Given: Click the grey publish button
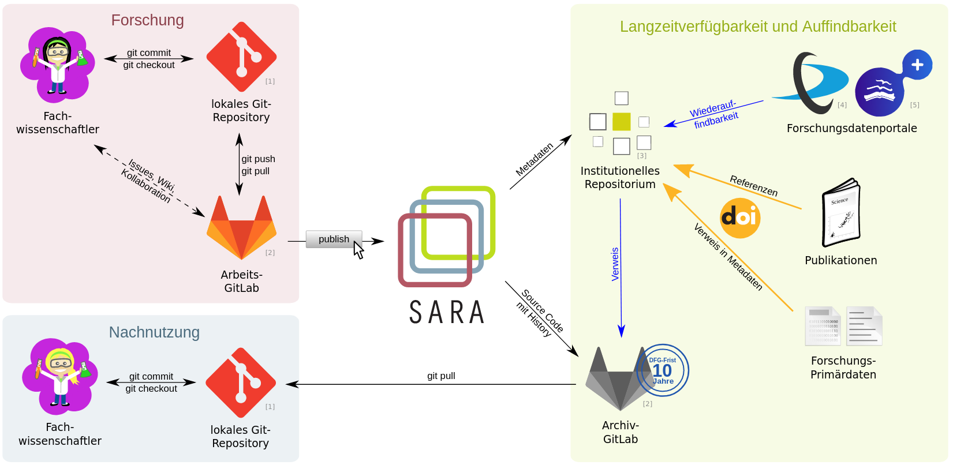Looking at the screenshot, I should (x=334, y=239).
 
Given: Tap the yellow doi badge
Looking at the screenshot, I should (x=740, y=217).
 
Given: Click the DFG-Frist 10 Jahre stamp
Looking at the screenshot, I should (x=663, y=370).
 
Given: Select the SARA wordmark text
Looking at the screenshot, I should (x=447, y=313).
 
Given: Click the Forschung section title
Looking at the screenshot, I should (x=147, y=20).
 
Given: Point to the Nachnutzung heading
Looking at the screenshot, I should (x=154, y=332).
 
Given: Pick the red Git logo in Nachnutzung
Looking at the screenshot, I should (x=241, y=382).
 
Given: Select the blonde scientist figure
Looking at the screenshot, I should (x=59, y=376).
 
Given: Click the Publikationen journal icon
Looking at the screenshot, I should (x=841, y=213).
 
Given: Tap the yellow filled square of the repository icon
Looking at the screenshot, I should (x=622, y=122).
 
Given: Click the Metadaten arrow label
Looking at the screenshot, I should (x=535, y=159).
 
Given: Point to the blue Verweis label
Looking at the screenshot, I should (x=615, y=264).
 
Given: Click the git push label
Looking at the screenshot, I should (x=258, y=159).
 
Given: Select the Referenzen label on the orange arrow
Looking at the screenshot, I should (x=754, y=186).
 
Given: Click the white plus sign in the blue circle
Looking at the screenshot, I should (x=917, y=65).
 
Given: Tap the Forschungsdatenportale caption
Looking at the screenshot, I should (x=851, y=128).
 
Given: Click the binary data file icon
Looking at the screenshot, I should (x=823, y=326).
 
